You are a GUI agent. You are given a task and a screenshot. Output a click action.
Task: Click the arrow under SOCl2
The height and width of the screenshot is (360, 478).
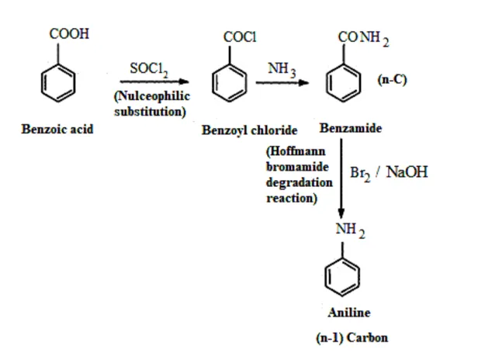pos(158,81)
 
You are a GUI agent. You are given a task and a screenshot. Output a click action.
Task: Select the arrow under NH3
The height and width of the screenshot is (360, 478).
pos(282,82)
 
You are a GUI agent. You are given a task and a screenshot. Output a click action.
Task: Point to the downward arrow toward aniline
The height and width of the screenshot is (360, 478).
pos(341,178)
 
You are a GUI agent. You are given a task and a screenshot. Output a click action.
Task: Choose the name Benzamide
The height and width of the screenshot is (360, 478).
pos(350,128)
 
